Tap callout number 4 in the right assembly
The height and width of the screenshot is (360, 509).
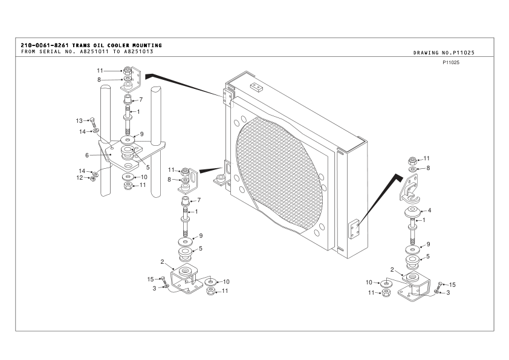pyautogui.click(x=429, y=211)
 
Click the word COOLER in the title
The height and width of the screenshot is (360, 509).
pyautogui.click(x=111, y=45)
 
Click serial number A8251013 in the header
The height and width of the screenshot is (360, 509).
pyautogui.click(x=137, y=51)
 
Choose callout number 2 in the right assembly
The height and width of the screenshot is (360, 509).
pyautogui.click(x=392, y=269)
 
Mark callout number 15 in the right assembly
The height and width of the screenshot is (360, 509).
pyautogui.click(x=452, y=284)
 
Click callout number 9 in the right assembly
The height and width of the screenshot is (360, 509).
pyautogui.click(x=429, y=244)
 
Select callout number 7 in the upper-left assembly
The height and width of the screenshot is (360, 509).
pyautogui.click(x=140, y=99)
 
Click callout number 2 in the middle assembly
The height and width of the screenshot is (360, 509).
pyautogui.click(x=163, y=262)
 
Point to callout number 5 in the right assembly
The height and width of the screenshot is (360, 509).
pyautogui.click(x=429, y=256)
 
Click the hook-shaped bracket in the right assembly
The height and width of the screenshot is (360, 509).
pyautogui.click(x=409, y=193)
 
